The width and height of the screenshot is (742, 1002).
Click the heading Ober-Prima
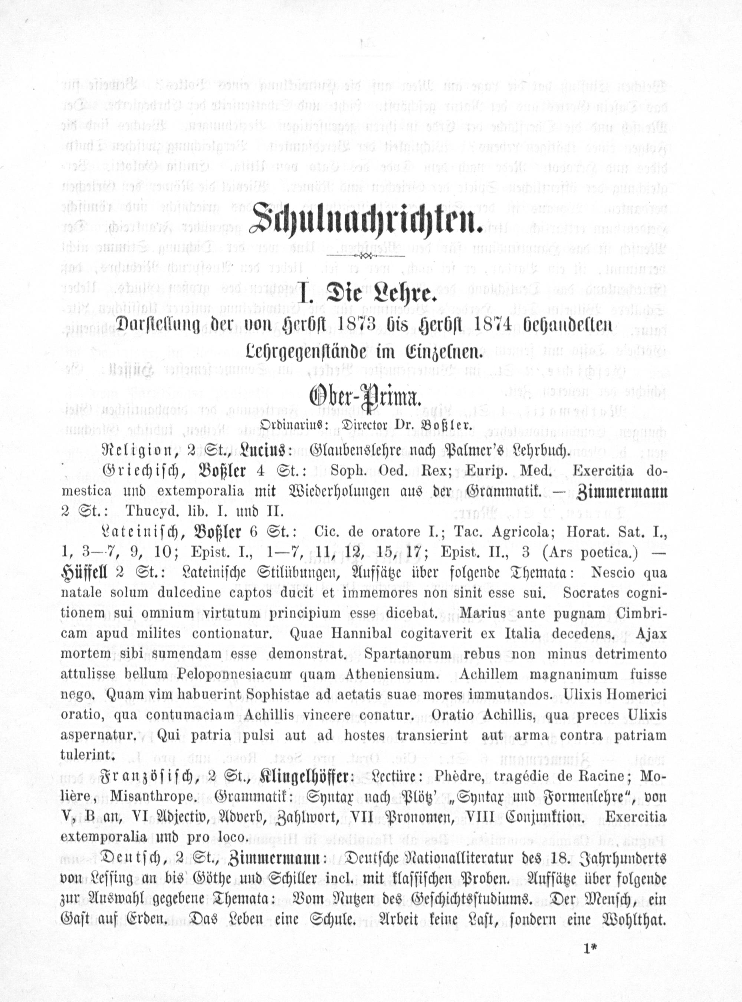(364, 398)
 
